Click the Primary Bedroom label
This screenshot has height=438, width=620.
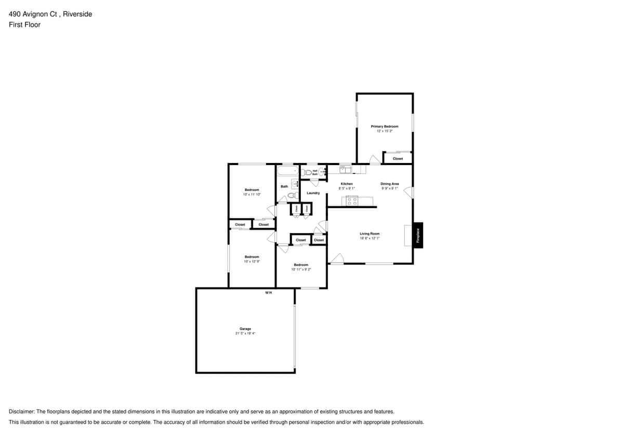[x=385, y=126]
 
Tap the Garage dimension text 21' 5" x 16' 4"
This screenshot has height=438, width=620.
[x=245, y=333]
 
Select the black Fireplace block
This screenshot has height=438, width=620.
[x=417, y=235]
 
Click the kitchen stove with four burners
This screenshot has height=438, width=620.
[x=352, y=201]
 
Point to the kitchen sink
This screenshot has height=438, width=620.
[x=346, y=169]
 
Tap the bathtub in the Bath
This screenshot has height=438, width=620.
[x=287, y=171]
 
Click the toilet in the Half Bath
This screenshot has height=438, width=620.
[x=307, y=172]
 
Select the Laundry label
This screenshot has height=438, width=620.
[x=313, y=193]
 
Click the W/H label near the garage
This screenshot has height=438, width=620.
[x=269, y=293]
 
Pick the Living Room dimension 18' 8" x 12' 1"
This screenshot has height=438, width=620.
[x=370, y=238]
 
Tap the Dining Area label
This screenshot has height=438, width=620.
[x=389, y=184]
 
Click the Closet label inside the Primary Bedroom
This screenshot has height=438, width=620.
[x=398, y=158]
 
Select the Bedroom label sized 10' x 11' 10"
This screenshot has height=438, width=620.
[x=252, y=190]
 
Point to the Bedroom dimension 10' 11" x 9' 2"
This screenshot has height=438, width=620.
[x=300, y=269]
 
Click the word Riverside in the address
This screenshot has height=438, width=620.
[x=77, y=14]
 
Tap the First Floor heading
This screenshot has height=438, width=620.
[x=24, y=24]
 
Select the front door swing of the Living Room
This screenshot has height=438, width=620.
[x=338, y=258]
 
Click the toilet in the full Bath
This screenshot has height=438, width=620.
[x=292, y=195]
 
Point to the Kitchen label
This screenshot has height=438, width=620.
[x=346, y=184]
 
